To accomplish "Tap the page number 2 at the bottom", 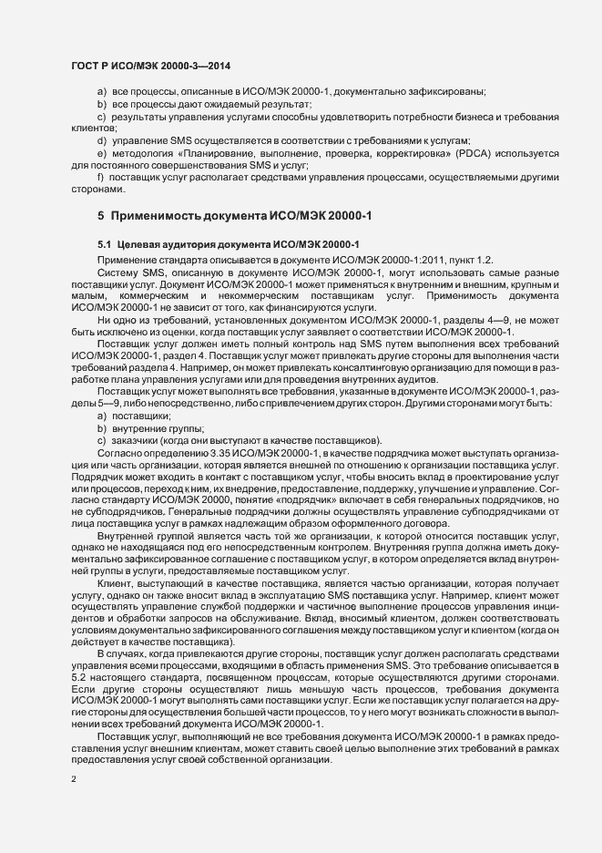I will pos(74,779).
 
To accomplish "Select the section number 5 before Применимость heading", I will pos(101,214).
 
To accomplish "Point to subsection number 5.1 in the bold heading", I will pos(104,244).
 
